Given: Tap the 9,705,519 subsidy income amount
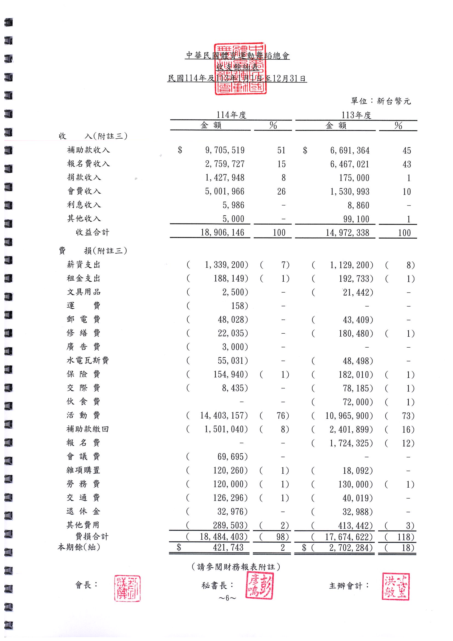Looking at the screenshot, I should coord(225,150).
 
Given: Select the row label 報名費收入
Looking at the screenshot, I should coord(88,164).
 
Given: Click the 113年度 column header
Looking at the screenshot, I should coord(356,115).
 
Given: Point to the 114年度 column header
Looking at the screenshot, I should coord(231,115).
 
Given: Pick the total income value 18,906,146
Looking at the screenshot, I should coord(222,233).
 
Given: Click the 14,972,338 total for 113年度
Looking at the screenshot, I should coord(347,233).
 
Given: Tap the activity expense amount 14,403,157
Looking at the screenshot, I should coord(223,416).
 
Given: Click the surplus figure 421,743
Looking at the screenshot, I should coord(228,548).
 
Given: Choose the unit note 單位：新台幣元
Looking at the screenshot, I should coord(381,101).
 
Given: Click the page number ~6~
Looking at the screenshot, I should coord(227,598).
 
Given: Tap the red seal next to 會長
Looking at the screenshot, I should coord(127,588).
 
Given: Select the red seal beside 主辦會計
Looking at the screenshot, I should coord(395,586).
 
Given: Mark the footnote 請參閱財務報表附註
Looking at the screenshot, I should coord(236,567).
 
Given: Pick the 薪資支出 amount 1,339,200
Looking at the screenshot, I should coord(226,265).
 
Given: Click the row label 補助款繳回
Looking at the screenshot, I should coord(87,429).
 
